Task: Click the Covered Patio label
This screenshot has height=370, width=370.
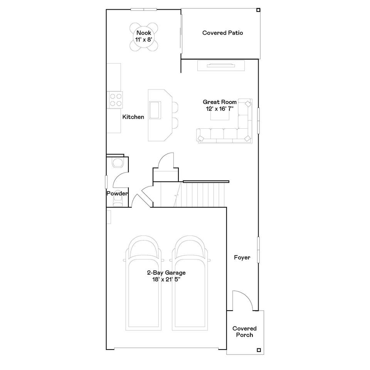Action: click(222, 33)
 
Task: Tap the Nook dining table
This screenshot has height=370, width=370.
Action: click(144, 37)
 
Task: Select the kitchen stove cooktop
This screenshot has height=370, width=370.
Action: click(115, 100)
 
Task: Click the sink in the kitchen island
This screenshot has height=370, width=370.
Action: click(155, 110)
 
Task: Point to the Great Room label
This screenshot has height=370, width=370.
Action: click(219, 102)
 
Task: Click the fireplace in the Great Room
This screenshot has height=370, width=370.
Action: click(221, 66)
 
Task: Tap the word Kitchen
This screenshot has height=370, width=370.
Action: click(133, 117)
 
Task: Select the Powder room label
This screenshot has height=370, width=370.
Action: click(117, 193)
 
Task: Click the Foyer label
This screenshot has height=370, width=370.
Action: click(242, 257)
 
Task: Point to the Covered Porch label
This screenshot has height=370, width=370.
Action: click(244, 331)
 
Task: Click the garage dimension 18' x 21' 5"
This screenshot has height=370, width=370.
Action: click(166, 280)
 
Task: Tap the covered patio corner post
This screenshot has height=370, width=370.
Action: click(258, 10)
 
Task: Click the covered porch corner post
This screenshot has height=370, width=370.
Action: click(259, 350)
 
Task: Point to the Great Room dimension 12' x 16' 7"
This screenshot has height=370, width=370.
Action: click(220, 109)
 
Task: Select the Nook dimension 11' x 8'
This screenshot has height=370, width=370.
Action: click(144, 39)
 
